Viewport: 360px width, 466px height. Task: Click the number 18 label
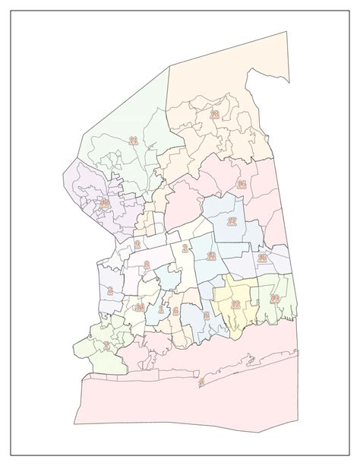pos(214,115)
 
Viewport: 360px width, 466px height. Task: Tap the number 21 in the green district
pos(133,141)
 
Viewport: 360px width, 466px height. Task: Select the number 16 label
pos(242,185)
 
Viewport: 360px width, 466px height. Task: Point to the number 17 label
pos(232,222)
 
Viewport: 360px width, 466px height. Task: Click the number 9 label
pos(137,245)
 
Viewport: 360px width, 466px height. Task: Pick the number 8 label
pos(147,265)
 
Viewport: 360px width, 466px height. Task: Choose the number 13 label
pos(212,256)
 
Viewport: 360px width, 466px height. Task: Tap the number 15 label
pos(262,258)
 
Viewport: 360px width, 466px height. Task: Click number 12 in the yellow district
pos(235,304)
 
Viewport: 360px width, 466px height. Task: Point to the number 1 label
pos(161,309)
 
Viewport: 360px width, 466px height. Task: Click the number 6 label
pos(175,312)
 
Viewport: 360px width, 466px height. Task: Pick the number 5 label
pos(206,315)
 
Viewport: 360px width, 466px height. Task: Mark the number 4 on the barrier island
pos(201,382)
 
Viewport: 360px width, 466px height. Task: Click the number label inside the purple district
pos(105,203)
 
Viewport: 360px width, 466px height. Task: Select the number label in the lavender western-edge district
pos(111,290)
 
